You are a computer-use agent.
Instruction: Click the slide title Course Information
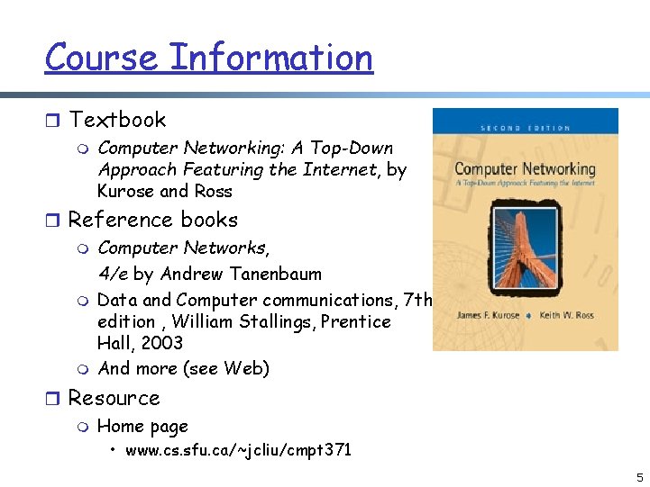[x=208, y=58]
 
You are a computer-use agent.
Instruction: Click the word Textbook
[x=117, y=120]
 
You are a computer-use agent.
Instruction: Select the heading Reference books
[x=152, y=220]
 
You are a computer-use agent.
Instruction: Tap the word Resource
[x=114, y=398]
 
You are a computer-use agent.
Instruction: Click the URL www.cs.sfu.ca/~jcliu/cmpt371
[x=238, y=449]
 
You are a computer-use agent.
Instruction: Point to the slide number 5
[x=638, y=477]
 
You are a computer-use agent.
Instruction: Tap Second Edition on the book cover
[x=526, y=128]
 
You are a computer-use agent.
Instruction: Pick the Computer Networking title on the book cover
[x=525, y=169]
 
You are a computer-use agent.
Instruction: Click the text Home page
[x=142, y=427]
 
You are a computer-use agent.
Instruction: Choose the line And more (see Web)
[x=183, y=368]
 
